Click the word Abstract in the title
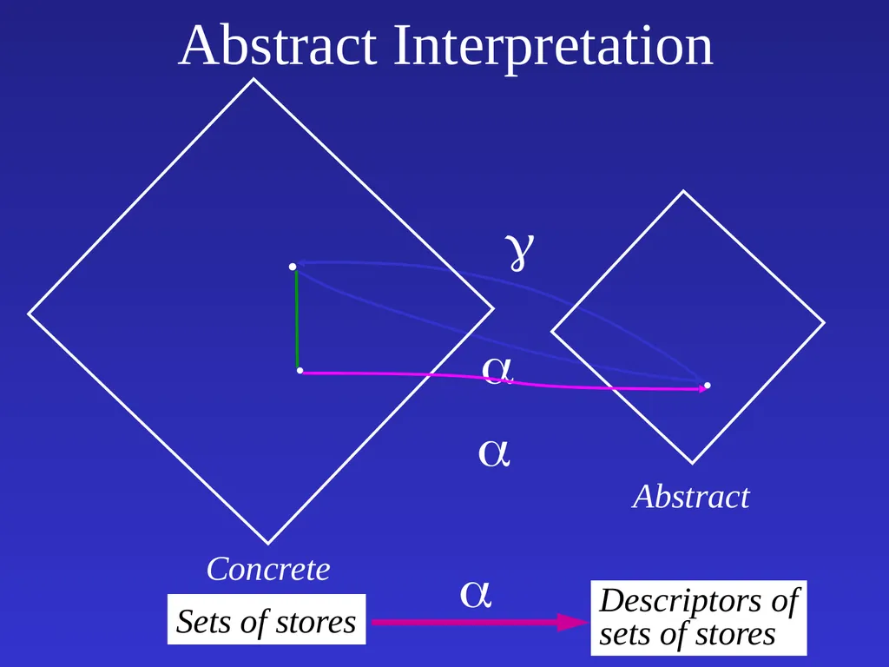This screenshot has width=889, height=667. click(277, 45)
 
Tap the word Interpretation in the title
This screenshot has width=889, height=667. click(553, 49)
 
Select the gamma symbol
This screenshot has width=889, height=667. click(519, 251)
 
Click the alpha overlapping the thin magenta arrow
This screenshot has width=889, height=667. click(497, 370)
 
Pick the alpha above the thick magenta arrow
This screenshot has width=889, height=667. click(475, 594)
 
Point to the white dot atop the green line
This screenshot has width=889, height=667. click(293, 267)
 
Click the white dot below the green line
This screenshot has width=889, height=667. click(300, 371)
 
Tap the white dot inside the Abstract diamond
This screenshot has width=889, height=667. click(707, 386)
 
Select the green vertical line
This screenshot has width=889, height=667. click(297, 320)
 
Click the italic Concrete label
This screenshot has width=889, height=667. click(268, 569)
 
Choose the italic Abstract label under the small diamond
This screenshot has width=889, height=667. click(691, 497)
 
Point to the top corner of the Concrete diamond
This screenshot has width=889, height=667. click(254, 79)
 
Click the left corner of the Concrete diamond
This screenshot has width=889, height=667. click(29, 313)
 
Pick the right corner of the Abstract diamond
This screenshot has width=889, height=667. click(825, 323)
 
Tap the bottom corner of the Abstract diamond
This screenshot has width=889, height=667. click(692, 464)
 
